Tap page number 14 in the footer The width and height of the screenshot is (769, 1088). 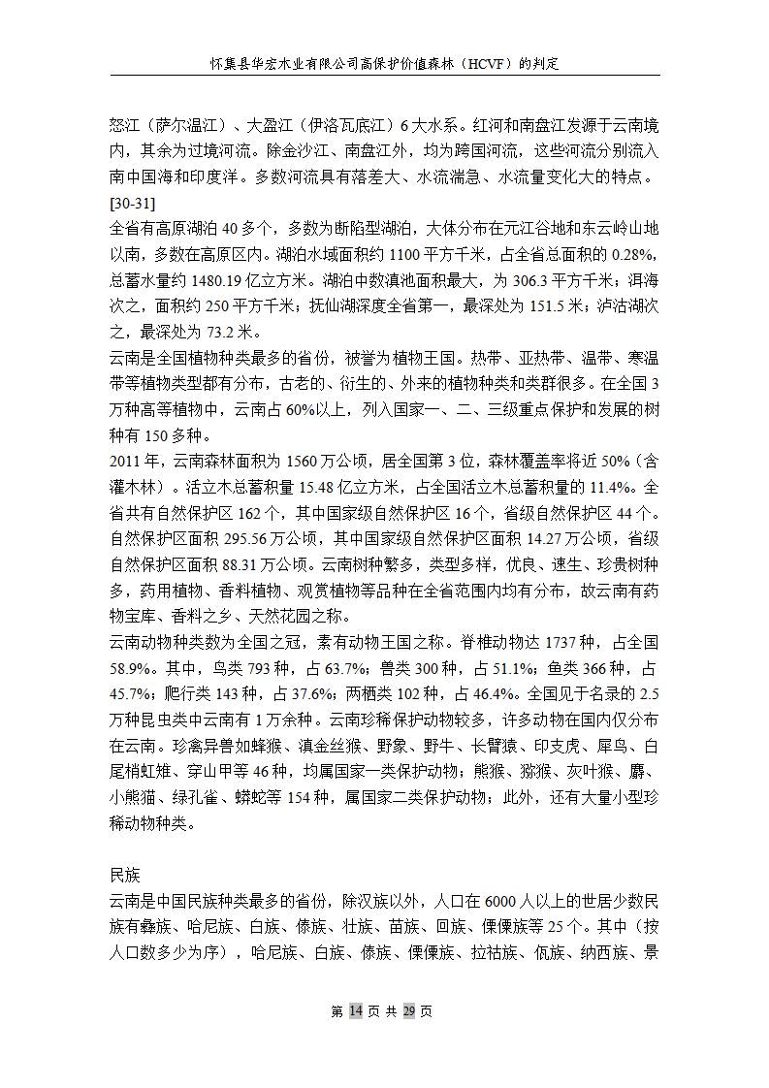pyautogui.click(x=355, y=1011)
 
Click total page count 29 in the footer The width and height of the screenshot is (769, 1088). pyautogui.click(x=409, y=1011)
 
